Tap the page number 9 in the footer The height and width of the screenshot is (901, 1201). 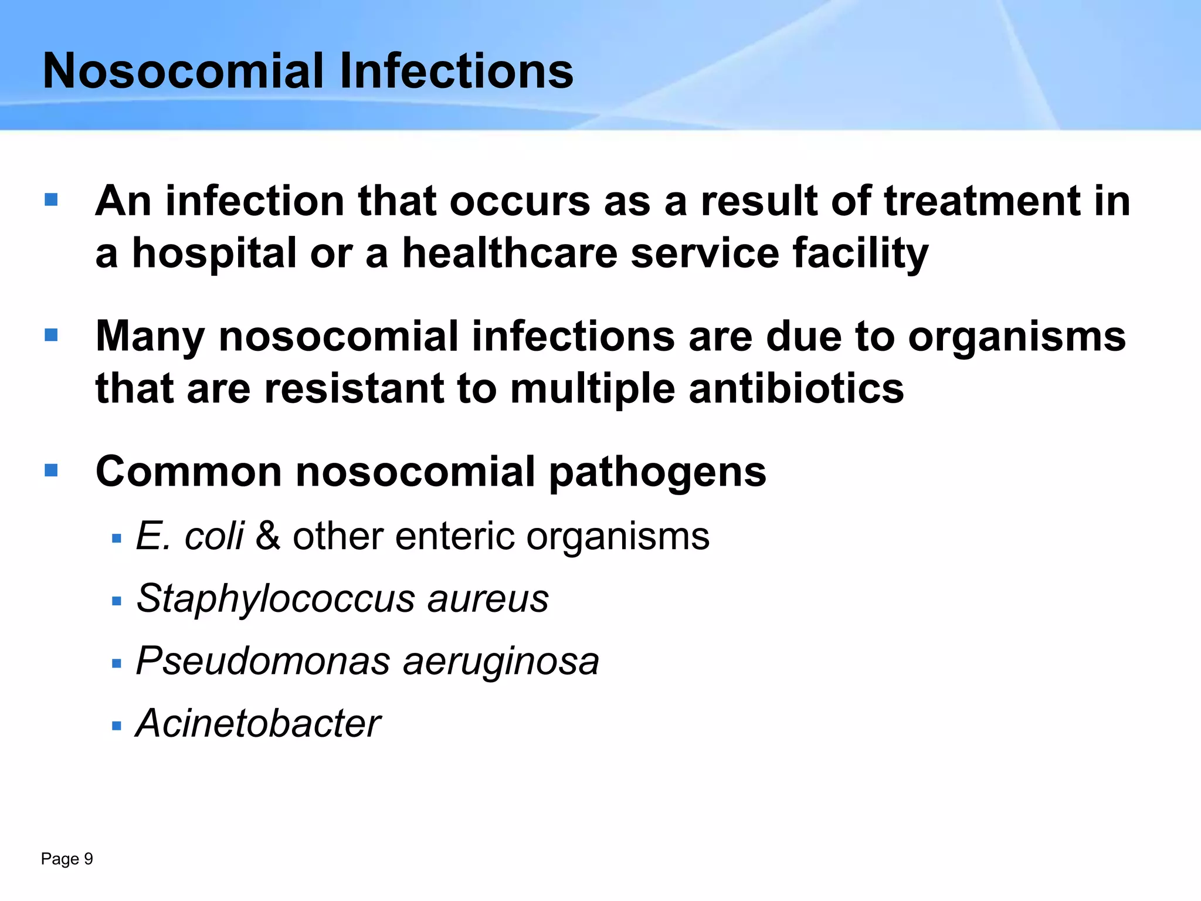coord(88,859)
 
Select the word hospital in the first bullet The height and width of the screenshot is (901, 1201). coord(214,254)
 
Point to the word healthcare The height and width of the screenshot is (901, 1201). coord(509,253)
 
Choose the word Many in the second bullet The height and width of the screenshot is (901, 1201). coord(150,337)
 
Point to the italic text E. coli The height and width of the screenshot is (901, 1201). coord(189,536)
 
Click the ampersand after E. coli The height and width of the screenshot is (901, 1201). coord(268,536)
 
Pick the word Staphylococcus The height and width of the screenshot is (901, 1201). coord(275,599)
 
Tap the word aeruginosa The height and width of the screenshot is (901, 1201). coord(501,662)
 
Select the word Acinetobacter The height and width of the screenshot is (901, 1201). coord(258,723)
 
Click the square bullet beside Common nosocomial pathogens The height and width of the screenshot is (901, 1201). coord(51,470)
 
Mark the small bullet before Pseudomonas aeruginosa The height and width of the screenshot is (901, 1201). coord(116,664)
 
